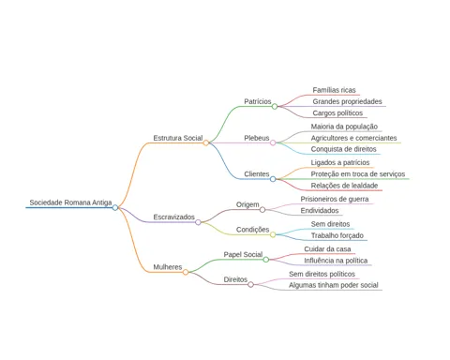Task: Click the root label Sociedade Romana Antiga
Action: point(70,202)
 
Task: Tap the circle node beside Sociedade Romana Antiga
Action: point(115,207)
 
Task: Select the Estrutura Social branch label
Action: point(178,138)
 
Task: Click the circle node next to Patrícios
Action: point(275,107)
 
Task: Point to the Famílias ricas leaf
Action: point(334,90)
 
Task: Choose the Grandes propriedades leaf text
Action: point(347,101)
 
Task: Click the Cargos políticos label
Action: point(337,113)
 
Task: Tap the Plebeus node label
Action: point(257,138)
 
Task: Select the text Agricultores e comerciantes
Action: point(353,138)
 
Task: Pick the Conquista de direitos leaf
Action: point(343,149)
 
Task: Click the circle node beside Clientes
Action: point(273,179)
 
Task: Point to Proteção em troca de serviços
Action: point(358,174)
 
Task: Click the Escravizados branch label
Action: point(173,217)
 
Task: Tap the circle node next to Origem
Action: point(262,210)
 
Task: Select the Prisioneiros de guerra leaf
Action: point(335,199)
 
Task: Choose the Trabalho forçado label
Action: point(337,235)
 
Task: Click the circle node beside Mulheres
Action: point(186,272)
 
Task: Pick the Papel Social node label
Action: point(243,254)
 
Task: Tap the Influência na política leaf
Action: point(336,261)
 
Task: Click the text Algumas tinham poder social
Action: point(334,285)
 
